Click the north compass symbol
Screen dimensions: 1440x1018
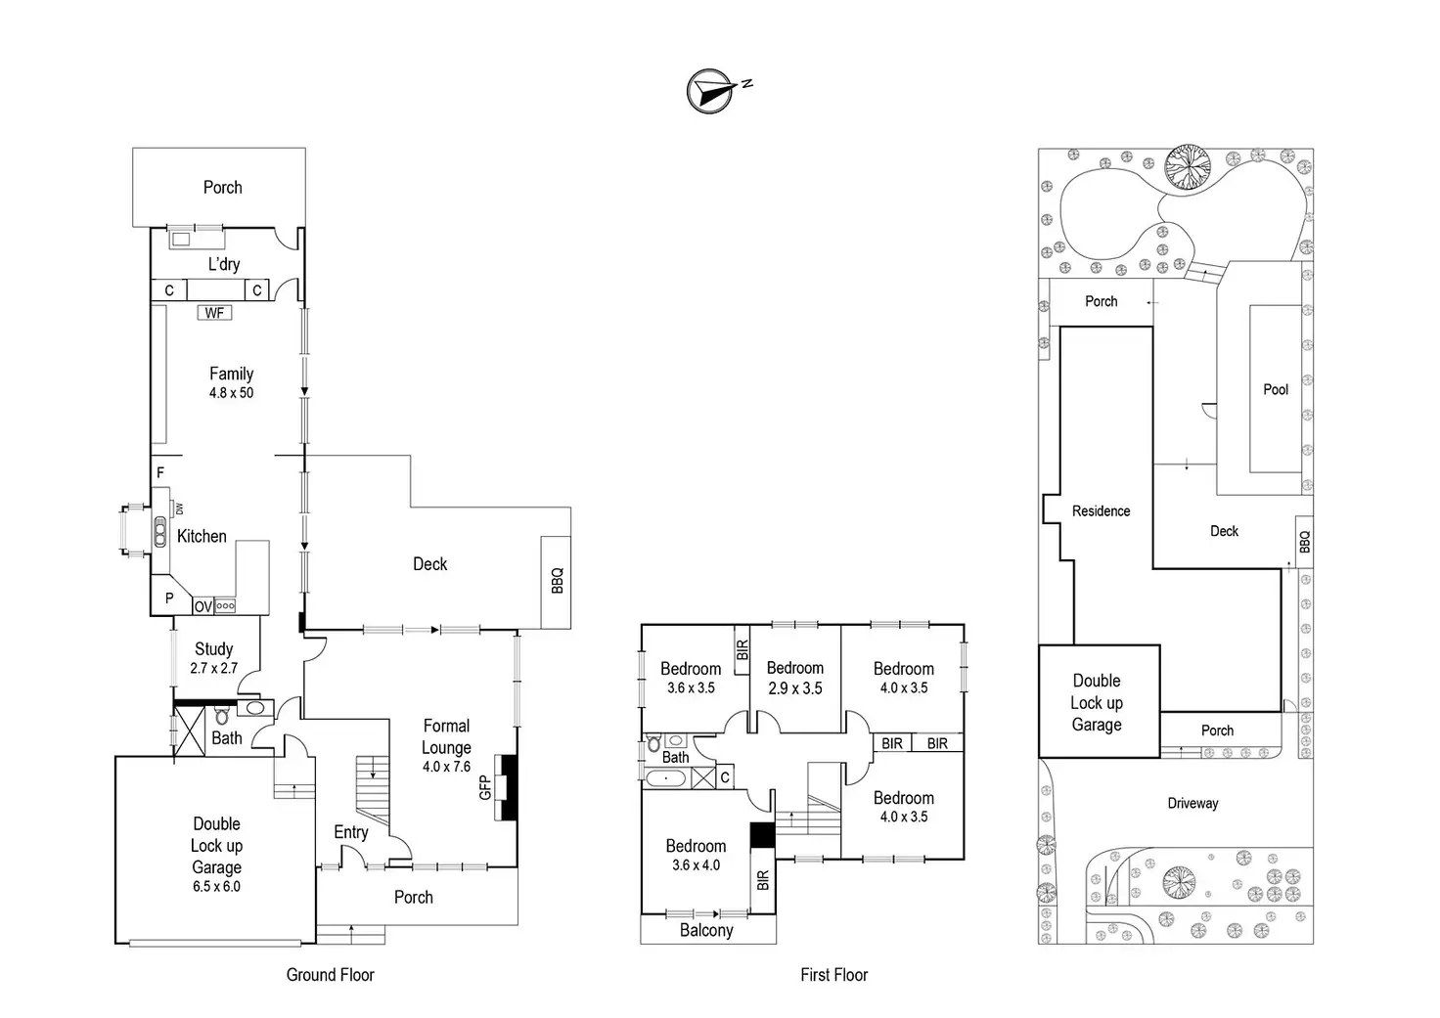[x=711, y=91]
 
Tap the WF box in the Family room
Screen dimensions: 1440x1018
[x=214, y=313]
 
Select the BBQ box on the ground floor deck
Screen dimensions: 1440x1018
[x=557, y=582]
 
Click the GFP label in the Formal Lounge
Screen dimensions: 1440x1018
[x=484, y=787]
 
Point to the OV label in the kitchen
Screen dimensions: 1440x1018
[x=202, y=606]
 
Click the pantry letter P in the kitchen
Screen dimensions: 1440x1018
[x=169, y=598]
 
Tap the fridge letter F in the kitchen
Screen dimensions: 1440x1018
[x=160, y=473]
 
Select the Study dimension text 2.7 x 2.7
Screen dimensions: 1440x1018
[x=213, y=669]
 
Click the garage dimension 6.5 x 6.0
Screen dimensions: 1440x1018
[x=216, y=887]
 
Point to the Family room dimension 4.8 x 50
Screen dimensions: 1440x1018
[x=231, y=393]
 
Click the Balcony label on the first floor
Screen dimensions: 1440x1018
[x=706, y=930]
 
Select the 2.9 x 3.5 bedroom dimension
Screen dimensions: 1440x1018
[x=794, y=688]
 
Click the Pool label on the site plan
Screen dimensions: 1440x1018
[x=1276, y=389]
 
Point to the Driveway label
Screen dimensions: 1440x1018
[x=1192, y=804]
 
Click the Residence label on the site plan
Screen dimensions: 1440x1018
[x=1101, y=511]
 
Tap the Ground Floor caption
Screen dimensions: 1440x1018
[x=330, y=975]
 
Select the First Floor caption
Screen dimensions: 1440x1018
[x=833, y=975]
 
